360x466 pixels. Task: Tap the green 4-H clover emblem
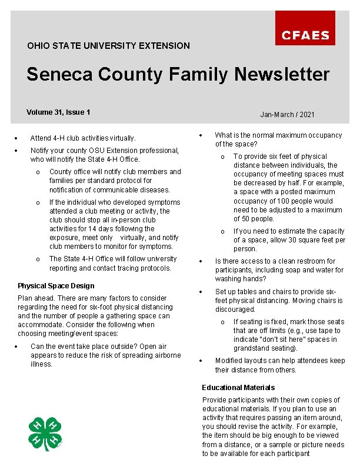click(45, 434)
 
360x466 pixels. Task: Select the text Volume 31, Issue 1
click(58, 112)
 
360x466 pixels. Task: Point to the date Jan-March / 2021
click(287, 114)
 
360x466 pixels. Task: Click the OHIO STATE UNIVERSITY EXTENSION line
click(108, 45)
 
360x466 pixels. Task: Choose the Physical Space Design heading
click(56, 286)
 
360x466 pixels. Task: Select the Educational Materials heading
click(238, 388)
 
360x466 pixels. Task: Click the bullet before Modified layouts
click(201, 361)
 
